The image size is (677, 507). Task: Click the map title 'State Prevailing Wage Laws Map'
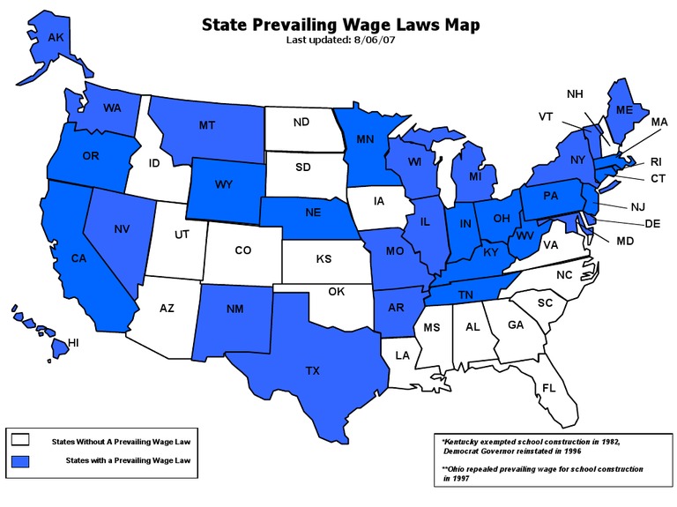click(341, 25)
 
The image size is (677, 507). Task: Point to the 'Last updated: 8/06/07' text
click(341, 41)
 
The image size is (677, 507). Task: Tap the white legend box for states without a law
click(21, 439)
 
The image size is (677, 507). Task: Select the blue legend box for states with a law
click(21, 460)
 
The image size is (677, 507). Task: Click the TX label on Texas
click(312, 371)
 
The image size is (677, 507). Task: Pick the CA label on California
click(79, 259)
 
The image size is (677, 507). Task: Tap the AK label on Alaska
click(43, 38)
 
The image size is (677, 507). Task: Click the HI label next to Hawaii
click(74, 342)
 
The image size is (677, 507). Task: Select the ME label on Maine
click(624, 110)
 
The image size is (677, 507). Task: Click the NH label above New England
click(574, 94)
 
